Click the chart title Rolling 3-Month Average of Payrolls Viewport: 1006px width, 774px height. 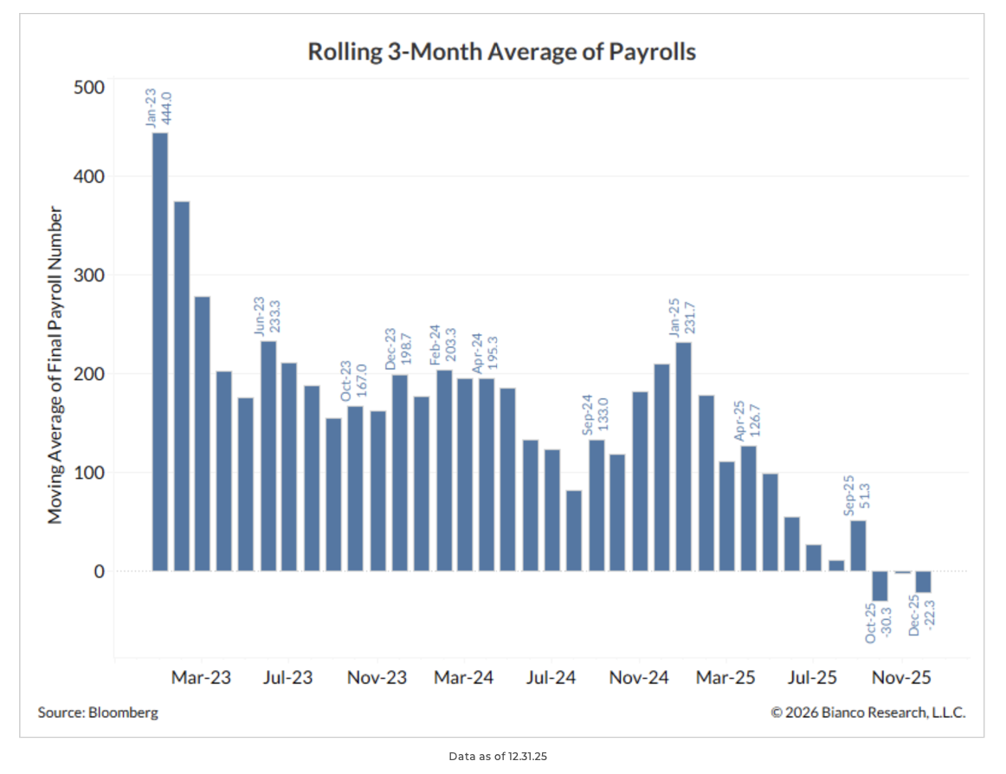pyautogui.click(x=502, y=52)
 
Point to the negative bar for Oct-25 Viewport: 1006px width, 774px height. pyautogui.click(x=880, y=586)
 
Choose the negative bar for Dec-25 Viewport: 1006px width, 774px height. pyautogui.click(x=924, y=582)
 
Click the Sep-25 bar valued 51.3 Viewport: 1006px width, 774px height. pyautogui.click(x=858, y=545)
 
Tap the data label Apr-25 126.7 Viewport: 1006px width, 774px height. pyautogui.click(x=746, y=421)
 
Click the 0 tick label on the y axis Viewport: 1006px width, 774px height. pyautogui.click(x=98, y=571)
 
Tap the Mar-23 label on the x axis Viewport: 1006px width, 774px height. pyautogui.click(x=201, y=677)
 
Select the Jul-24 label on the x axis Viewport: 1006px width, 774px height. pyautogui.click(x=551, y=677)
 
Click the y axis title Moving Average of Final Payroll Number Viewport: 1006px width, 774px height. pyautogui.click(x=55, y=364)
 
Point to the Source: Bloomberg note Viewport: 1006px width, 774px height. pyautogui.click(x=98, y=713)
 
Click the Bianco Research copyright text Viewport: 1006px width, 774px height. pyautogui.click(x=867, y=713)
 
